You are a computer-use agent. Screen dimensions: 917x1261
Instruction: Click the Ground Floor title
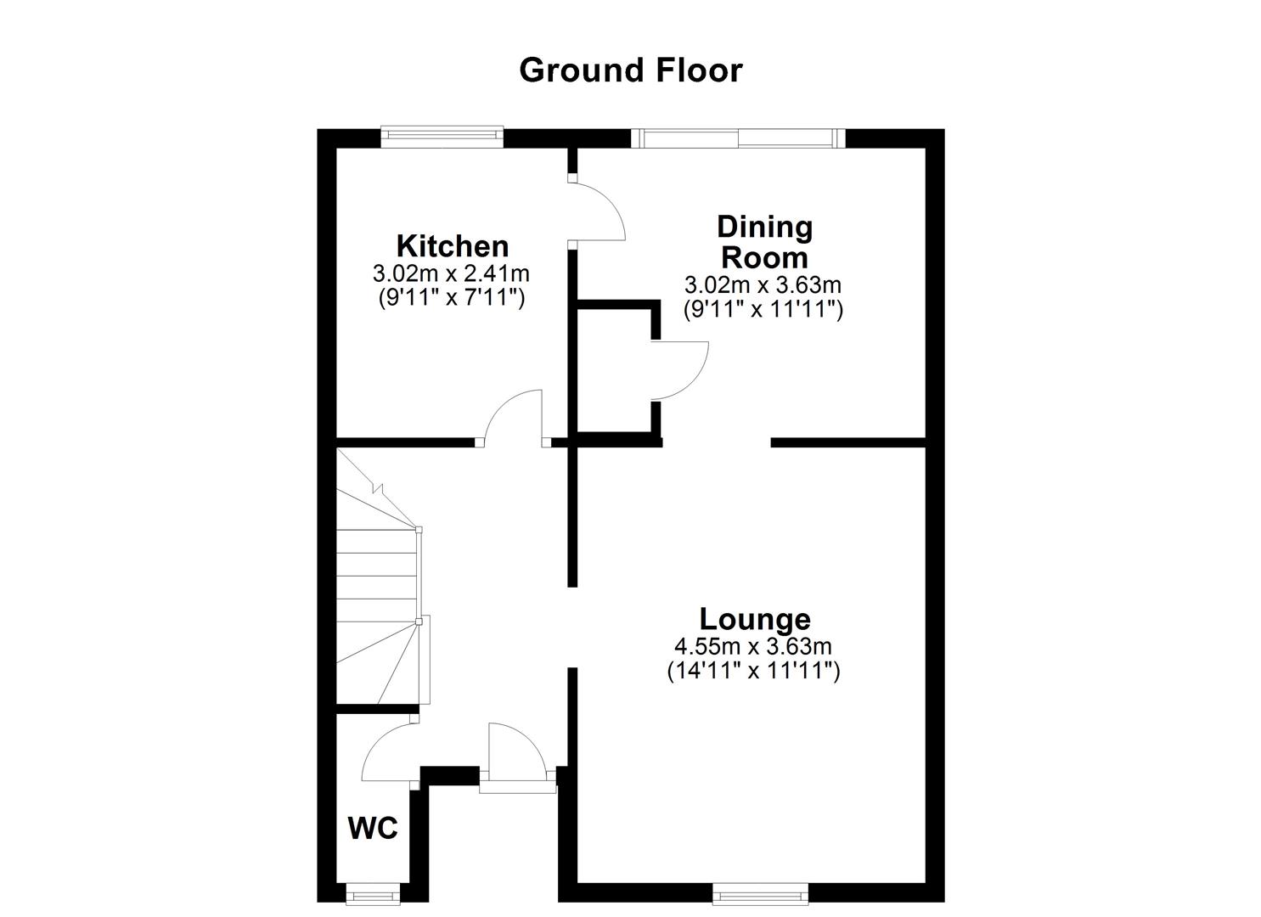click(630, 70)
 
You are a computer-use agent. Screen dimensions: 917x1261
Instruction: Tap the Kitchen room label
click(453, 246)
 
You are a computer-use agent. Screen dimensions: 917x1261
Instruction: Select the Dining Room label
click(764, 241)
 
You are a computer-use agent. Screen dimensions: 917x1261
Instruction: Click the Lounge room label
click(754, 618)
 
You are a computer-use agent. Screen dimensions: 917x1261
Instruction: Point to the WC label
click(373, 828)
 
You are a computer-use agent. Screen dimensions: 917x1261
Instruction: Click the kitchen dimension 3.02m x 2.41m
click(451, 274)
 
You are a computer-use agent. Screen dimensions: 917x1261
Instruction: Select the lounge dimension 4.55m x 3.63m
click(753, 646)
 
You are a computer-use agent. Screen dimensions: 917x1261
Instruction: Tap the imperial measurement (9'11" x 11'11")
click(763, 310)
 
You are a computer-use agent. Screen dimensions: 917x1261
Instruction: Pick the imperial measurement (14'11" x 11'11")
click(753, 672)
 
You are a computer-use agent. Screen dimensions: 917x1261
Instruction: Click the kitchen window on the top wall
click(442, 135)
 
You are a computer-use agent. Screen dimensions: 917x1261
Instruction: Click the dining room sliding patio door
click(738, 138)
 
